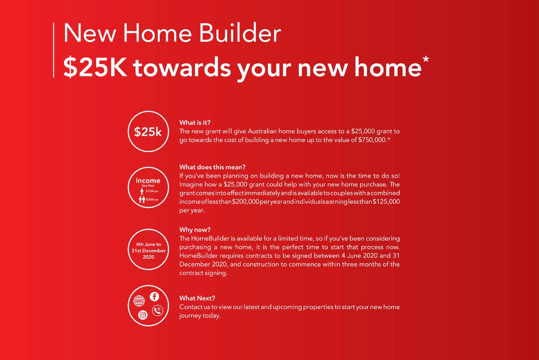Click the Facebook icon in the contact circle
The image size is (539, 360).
(154, 296)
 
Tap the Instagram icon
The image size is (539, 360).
(143, 315)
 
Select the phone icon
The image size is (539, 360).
(157, 311)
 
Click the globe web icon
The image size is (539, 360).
(139, 301)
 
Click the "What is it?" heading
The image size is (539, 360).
(195, 123)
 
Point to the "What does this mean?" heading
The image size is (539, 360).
(213, 167)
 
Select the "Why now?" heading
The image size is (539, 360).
(195, 230)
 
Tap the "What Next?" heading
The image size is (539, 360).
(197, 298)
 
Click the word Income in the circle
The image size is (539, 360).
(148, 180)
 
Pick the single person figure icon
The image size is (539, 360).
(142, 191)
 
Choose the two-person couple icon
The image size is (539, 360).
(142, 200)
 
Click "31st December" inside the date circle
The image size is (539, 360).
(149, 250)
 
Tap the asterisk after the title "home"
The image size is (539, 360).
(426, 59)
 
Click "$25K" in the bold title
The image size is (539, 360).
(95, 67)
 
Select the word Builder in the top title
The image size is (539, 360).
(240, 33)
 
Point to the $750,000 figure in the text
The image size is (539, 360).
(372, 140)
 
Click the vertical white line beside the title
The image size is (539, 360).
(53, 50)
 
